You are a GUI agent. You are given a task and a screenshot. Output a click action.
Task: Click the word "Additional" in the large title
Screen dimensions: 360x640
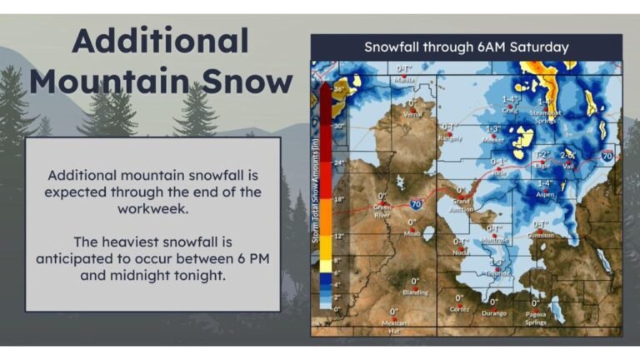coord(160,41)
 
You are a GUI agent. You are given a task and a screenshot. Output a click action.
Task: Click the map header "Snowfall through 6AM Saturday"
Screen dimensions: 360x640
coord(466,47)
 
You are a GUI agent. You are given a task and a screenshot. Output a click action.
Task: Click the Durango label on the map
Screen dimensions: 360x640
coord(493,313)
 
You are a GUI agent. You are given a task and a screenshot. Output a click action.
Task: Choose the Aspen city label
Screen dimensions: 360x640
coord(545,193)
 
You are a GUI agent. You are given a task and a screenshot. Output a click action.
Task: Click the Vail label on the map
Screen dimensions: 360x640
coord(568,166)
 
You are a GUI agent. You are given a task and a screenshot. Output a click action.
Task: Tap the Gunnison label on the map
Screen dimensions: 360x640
coord(541,235)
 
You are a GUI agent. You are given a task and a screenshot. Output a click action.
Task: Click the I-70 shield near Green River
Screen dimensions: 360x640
coord(417,202)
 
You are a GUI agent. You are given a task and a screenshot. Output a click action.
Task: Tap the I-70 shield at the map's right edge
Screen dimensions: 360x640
coord(607,155)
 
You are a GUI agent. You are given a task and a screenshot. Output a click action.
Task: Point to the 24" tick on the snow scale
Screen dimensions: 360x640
coord(339,162)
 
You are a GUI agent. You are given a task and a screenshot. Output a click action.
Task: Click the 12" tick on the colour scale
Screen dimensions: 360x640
coord(339,237)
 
